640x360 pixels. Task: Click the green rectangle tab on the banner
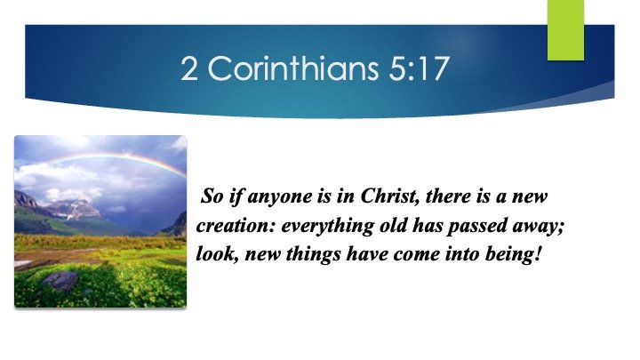[x=564, y=29]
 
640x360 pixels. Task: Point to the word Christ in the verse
[x=374, y=196]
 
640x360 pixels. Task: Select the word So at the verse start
[x=212, y=196]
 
